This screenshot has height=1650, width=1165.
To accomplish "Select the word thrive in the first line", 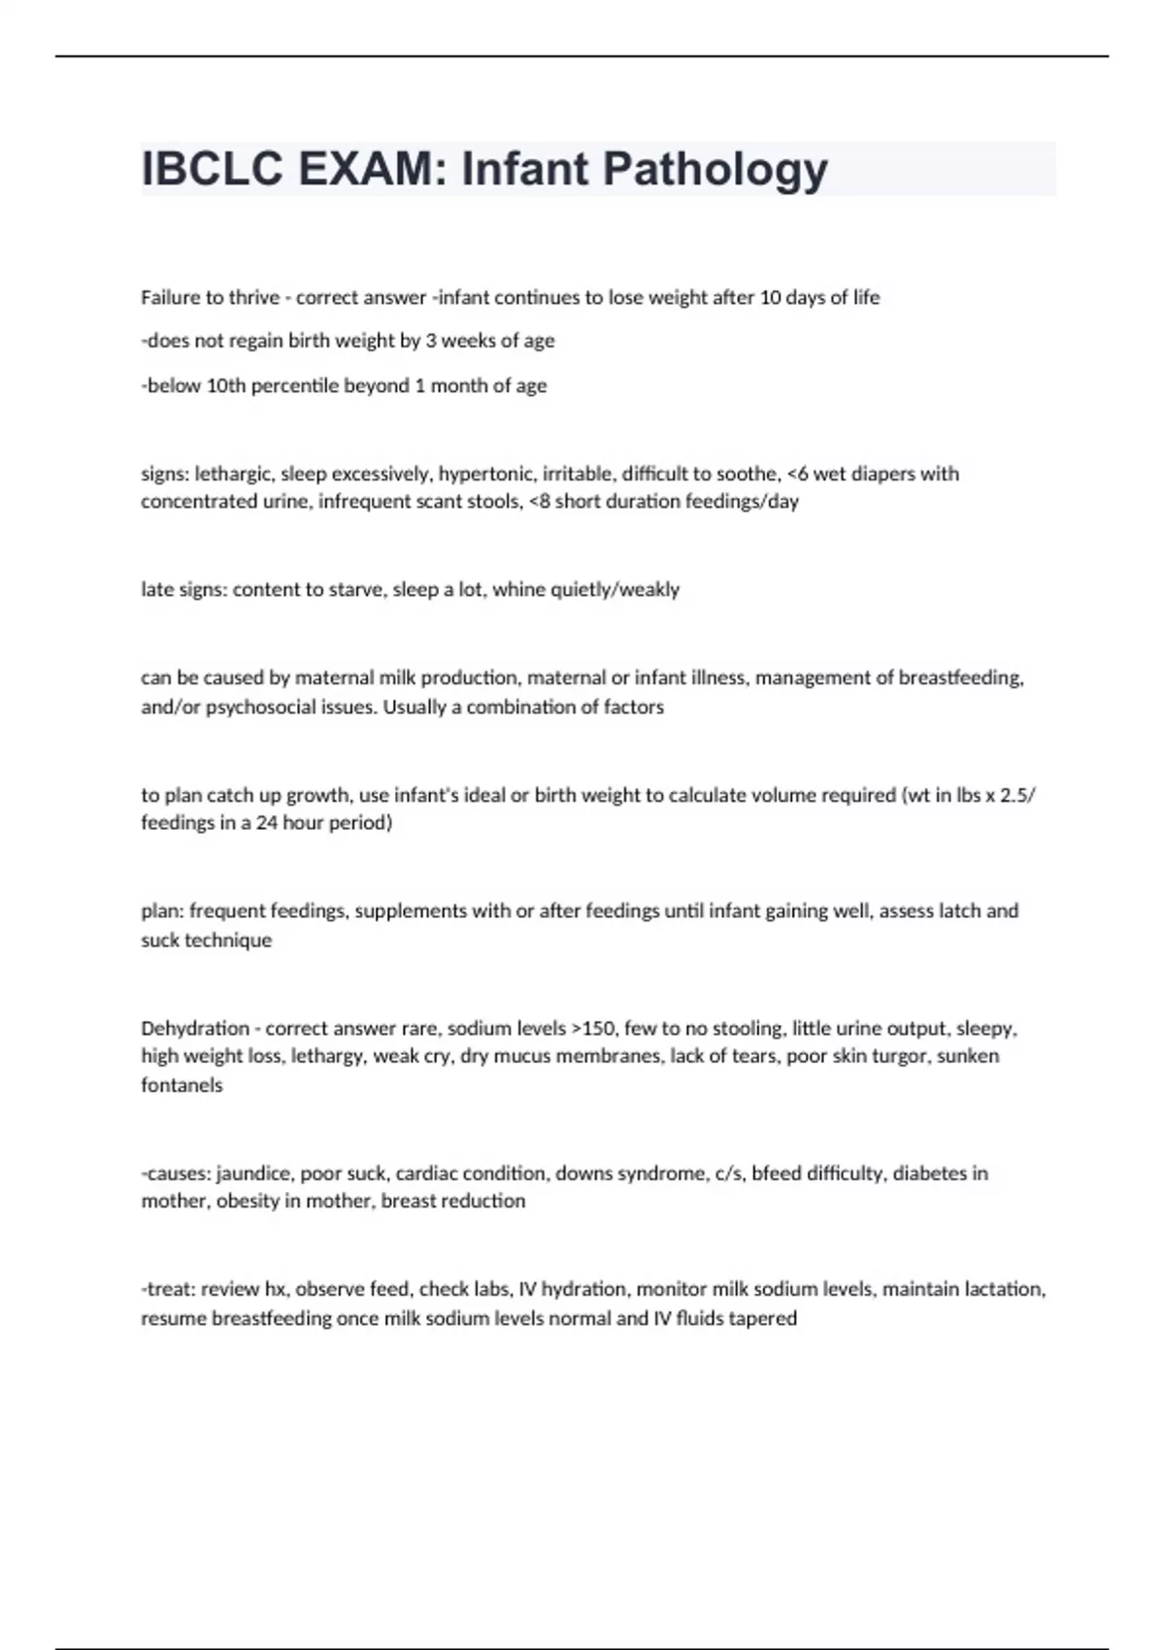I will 253,298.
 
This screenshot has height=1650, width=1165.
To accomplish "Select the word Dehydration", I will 195,1028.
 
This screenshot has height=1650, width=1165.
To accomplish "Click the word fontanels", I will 182,1085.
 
